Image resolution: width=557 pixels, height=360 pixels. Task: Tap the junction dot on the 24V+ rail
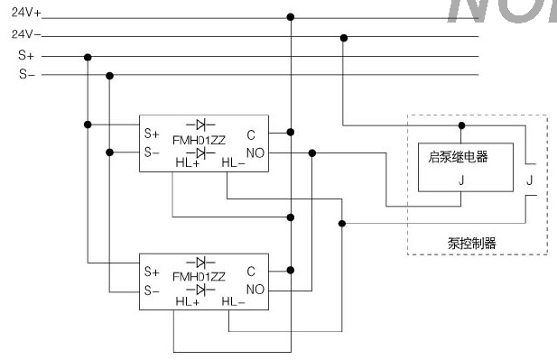click(x=290, y=17)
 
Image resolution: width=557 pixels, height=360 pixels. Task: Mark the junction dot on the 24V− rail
click(x=343, y=37)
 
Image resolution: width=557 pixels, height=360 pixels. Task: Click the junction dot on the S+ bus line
click(x=88, y=56)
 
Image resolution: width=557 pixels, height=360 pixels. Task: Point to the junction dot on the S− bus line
click(x=109, y=75)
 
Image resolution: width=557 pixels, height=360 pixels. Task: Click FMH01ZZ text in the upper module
click(x=199, y=139)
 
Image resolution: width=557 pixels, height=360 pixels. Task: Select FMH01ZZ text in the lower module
click(x=199, y=277)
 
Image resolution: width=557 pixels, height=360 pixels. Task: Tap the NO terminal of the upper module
click(x=255, y=153)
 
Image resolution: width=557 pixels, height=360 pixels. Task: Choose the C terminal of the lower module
click(x=251, y=270)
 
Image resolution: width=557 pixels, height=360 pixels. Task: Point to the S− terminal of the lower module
click(x=151, y=291)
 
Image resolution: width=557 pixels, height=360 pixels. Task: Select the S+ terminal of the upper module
click(x=151, y=133)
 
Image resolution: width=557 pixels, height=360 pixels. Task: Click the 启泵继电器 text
click(x=457, y=157)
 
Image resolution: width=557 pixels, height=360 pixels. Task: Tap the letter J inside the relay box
click(x=461, y=180)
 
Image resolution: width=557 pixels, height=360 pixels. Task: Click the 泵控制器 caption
click(x=471, y=243)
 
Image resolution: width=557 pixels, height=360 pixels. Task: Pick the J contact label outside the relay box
click(x=529, y=180)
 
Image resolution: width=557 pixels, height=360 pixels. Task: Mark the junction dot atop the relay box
click(x=461, y=125)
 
